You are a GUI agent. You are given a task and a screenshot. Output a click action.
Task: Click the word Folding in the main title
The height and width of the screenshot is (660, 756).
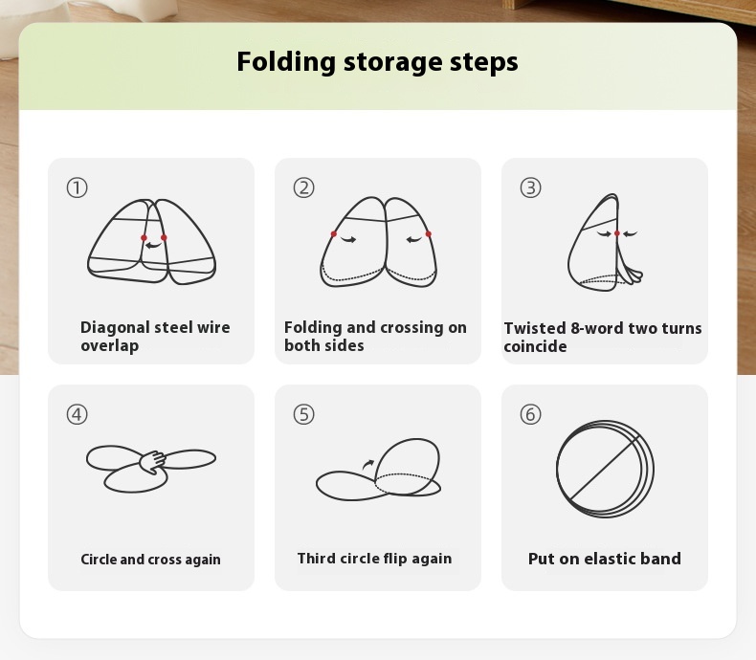point(286,62)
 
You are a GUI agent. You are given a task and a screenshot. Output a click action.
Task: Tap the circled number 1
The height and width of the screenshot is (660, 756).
point(78,187)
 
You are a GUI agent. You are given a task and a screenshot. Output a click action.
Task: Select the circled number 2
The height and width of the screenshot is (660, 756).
point(303,187)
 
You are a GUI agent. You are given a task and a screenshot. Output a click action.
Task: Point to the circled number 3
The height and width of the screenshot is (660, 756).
point(530,187)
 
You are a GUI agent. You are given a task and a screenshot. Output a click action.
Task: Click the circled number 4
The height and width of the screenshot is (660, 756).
point(78,414)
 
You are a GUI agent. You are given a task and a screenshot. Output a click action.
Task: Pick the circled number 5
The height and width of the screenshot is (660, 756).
point(303,414)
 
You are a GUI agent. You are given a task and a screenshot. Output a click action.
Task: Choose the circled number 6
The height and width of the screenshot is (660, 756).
point(530,414)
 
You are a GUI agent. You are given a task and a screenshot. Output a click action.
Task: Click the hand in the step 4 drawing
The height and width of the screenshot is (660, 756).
point(153,462)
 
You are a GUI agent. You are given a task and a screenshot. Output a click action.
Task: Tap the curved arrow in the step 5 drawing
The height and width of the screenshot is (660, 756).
point(367,465)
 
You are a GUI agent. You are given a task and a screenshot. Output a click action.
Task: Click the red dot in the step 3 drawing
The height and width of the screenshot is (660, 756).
point(616,233)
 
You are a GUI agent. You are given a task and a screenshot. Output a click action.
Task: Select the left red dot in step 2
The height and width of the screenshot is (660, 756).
point(334,234)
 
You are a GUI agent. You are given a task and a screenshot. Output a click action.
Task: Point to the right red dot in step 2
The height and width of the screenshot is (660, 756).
point(428,234)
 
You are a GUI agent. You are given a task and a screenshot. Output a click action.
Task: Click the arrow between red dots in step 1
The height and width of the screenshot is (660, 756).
point(153,246)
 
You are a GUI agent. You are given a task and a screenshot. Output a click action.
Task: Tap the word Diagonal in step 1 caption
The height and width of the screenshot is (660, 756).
point(115,328)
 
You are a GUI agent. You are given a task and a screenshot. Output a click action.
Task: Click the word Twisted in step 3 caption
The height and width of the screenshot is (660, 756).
point(535,328)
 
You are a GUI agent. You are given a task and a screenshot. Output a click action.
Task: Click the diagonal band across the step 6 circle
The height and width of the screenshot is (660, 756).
point(605,469)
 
